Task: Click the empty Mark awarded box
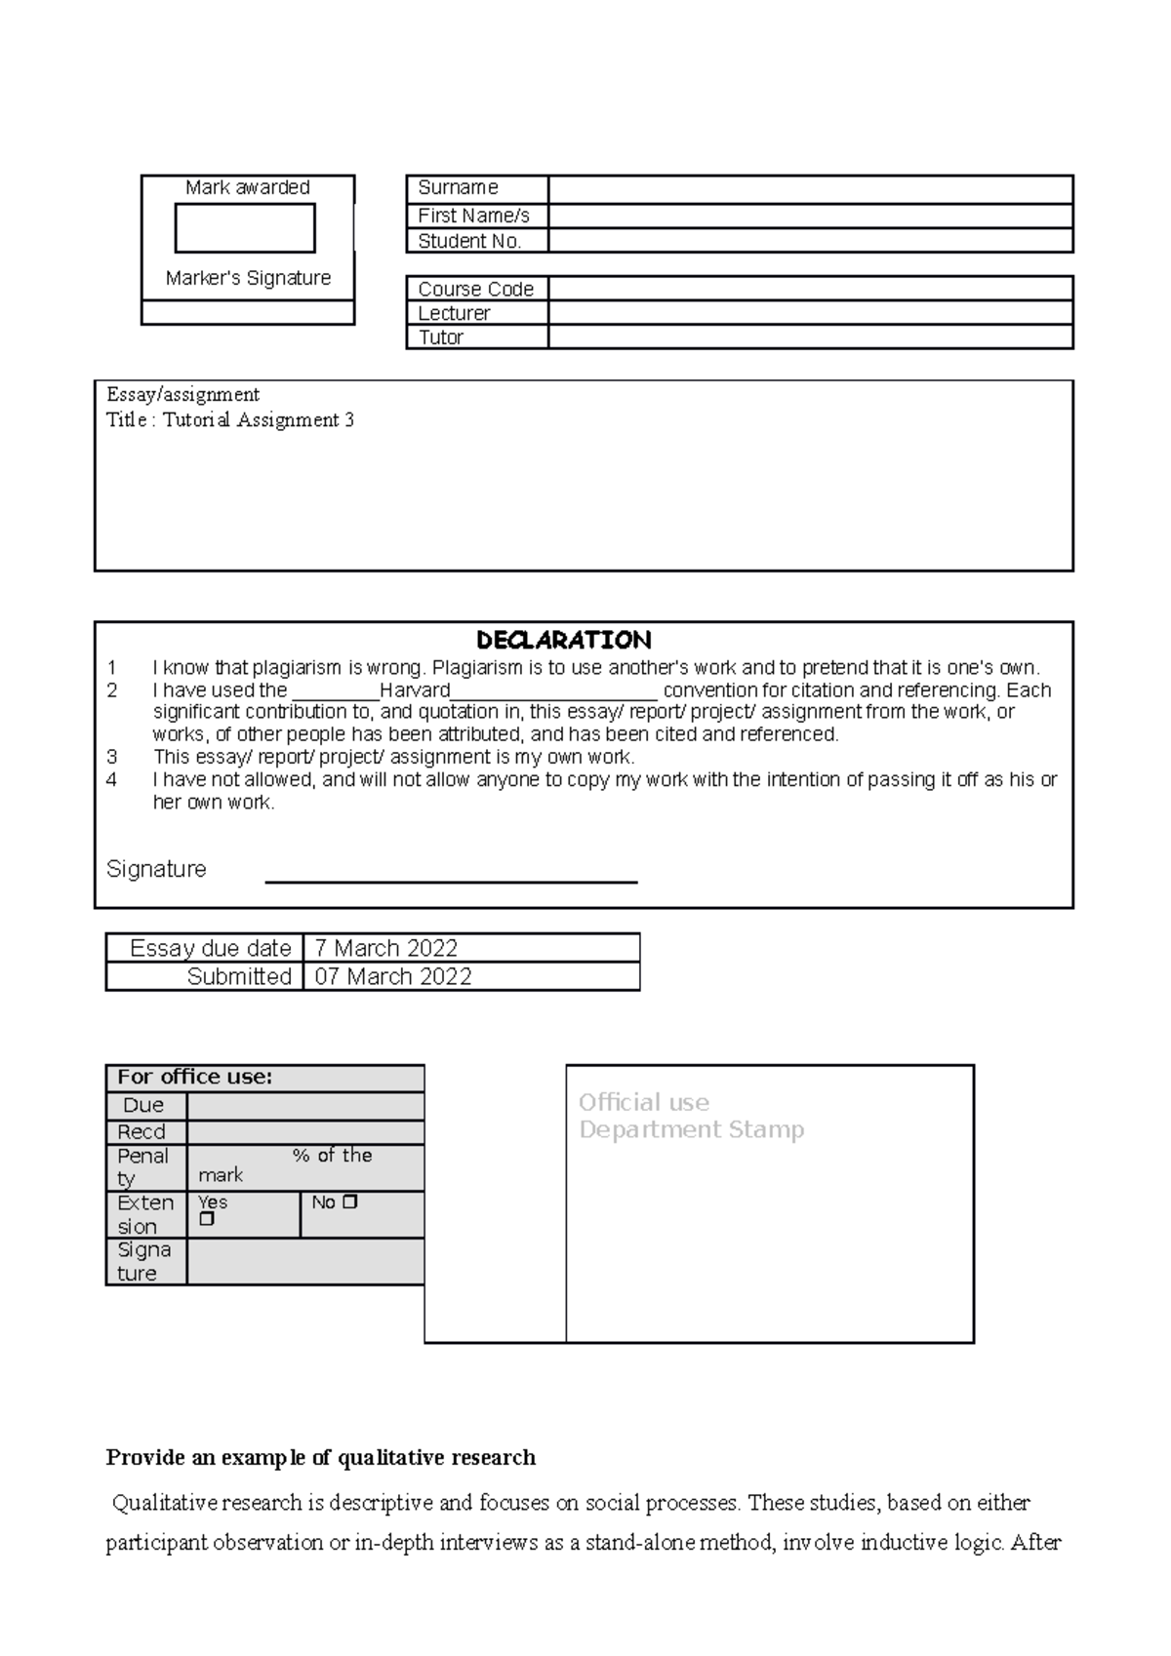click(x=245, y=228)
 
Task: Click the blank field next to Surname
click(x=810, y=188)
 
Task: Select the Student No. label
click(x=469, y=241)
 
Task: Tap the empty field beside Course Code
click(x=810, y=289)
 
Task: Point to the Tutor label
click(x=440, y=337)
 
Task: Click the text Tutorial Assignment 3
click(x=259, y=420)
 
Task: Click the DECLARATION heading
click(x=564, y=641)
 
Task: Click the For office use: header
click(x=195, y=1077)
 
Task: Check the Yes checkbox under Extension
click(x=206, y=1219)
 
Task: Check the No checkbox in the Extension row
click(x=350, y=1202)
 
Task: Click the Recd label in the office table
click(x=141, y=1131)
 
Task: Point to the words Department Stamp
click(x=691, y=1129)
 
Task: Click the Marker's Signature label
click(x=248, y=278)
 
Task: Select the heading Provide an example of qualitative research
click(x=320, y=1457)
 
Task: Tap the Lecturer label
click(x=454, y=313)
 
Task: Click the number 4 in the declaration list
click(x=112, y=780)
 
